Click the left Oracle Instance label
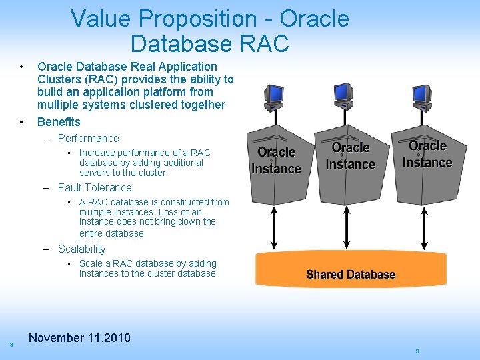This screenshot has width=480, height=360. (x=276, y=161)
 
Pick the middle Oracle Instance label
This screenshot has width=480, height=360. (x=351, y=156)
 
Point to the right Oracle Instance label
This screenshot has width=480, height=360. (x=427, y=154)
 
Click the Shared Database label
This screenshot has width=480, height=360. (x=351, y=275)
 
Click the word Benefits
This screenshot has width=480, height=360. (x=59, y=122)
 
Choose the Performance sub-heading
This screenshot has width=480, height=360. (x=88, y=139)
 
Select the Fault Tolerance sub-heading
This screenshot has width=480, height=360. (x=95, y=188)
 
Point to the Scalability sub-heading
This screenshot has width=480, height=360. (x=81, y=249)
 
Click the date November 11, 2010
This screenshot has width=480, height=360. (x=79, y=338)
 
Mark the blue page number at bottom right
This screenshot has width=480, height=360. (x=417, y=351)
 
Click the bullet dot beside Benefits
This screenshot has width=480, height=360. (x=23, y=122)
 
